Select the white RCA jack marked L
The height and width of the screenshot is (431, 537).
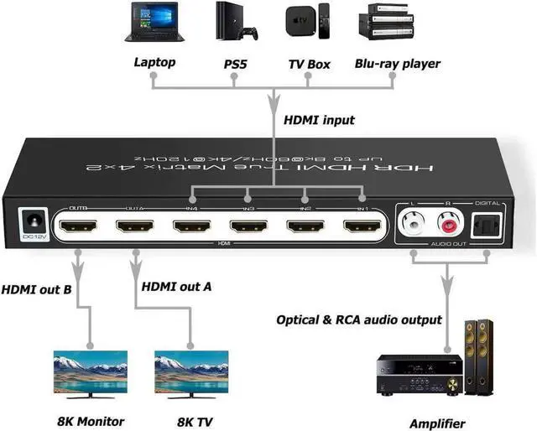[414, 224]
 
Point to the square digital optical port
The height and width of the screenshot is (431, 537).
[487, 224]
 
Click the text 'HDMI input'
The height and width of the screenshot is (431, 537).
[321, 120]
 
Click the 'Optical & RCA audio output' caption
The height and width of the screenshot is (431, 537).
[358, 319]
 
